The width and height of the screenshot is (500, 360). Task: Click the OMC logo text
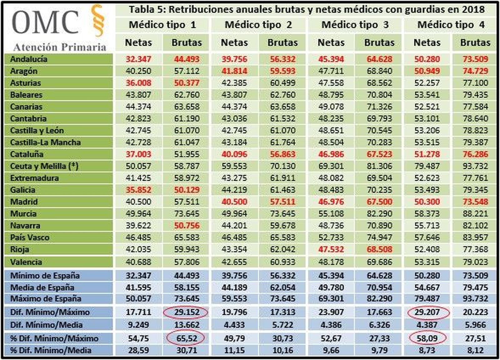(45, 22)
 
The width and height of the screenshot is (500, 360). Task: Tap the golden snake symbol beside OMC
(97, 20)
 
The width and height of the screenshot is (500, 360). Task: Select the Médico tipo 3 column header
(355, 25)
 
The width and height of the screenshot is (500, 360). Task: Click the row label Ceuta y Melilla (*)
(44, 166)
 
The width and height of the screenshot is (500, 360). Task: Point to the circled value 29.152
(187, 312)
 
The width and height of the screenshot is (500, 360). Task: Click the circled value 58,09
(427, 338)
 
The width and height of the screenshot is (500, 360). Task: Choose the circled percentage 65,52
(187, 338)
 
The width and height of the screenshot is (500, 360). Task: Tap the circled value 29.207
(427, 312)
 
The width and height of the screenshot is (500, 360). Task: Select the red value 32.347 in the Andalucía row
(138, 59)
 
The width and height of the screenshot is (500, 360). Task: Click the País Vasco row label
(30, 237)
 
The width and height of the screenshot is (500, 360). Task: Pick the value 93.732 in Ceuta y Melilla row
(475, 166)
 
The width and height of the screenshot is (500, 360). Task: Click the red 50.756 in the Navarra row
(187, 225)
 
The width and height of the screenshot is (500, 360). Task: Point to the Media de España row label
(42, 287)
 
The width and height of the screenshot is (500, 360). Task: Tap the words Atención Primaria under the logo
(60, 47)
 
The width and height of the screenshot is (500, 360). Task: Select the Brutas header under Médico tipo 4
(475, 42)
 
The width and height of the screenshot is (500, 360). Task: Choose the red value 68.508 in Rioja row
(379, 249)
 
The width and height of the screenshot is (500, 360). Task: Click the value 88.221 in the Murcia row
(475, 214)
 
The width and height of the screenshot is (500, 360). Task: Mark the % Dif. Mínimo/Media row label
(51, 350)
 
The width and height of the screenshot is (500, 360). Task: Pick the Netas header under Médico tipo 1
(138, 42)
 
